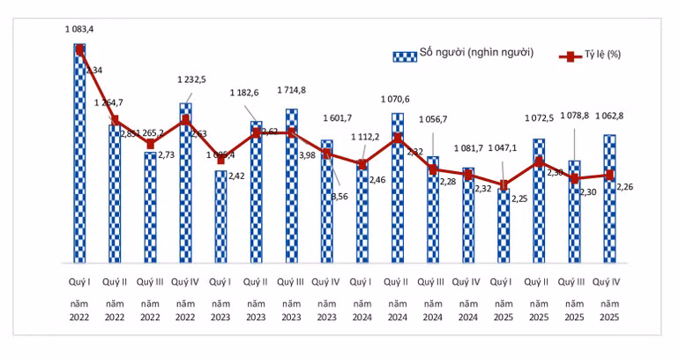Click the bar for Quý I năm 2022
click(79, 154)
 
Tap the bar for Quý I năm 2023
click(220, 217)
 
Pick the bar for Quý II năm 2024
click(398, 189)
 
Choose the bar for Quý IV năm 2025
click(609, 199)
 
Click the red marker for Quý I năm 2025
click(504, 185)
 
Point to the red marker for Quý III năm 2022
click(150, 144)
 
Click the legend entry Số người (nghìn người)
click(464, 54)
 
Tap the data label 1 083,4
click(79, 29)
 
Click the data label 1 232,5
click(191, 79)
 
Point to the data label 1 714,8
click(292, 90)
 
